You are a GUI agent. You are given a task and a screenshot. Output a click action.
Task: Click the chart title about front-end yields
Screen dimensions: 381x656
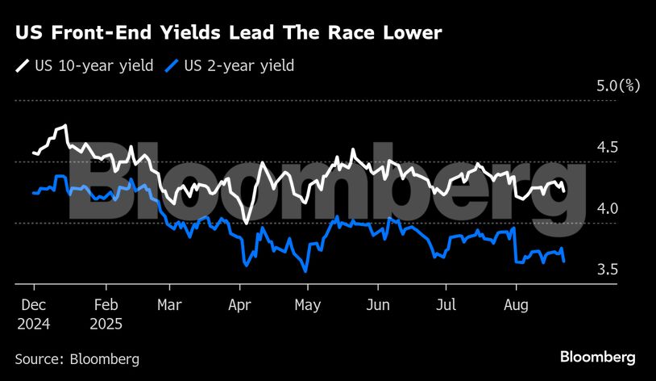click(228, 33)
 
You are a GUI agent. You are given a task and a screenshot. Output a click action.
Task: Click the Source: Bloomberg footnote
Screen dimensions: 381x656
click(77, 358)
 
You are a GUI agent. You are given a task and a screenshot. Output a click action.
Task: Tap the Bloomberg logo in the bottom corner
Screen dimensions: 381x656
click(598, 357)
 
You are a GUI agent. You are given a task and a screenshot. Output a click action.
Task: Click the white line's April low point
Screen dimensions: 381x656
click(245, 222)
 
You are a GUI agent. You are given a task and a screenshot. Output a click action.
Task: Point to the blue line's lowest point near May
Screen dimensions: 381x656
click(305, 271)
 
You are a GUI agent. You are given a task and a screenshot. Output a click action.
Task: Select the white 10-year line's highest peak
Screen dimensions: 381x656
click(64, 126)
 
